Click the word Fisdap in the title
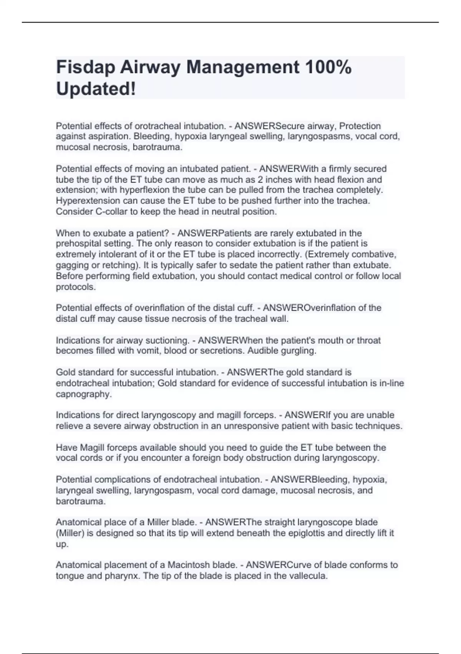point(85,67)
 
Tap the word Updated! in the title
point(96,89)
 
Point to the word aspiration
point(105,137)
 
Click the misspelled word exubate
point(95,233)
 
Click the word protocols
point(75,287)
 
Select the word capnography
point(83,394)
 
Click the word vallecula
point(306,576)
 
